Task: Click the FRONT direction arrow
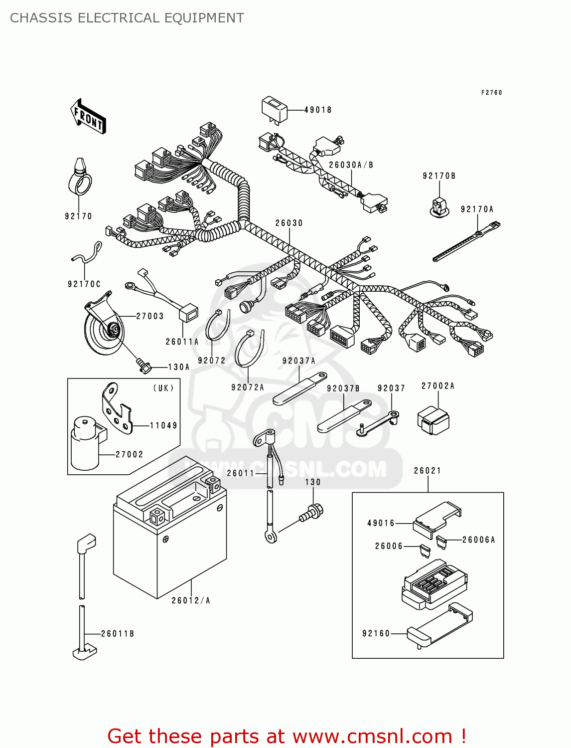(x=88, y=117)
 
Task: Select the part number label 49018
(x=318, y=110)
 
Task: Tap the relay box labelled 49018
(x=275, y=109)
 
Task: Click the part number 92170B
(x=439, y=176)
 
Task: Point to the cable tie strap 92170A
(x=466, y=242)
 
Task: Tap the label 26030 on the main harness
(x=289, y=223)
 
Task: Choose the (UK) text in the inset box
(x=163, y=388)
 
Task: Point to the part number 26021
(x=428, y=470)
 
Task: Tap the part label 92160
(x=376, y=633)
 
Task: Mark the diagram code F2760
(x=491, y=92)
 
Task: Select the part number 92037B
(x=343, y=388)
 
